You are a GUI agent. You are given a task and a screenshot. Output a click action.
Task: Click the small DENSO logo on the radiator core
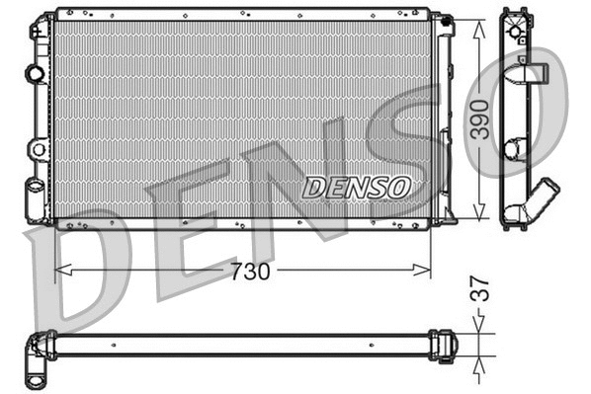[x=357, y=186]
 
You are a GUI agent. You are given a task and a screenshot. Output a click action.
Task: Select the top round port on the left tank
[x=37, y=73]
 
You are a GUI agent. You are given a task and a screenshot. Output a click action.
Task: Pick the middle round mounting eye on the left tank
[x=38, y=149]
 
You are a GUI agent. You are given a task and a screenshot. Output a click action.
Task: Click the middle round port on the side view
[x=514, y=149]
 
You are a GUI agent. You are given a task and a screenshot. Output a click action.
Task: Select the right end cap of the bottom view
[x=447, y=344]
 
